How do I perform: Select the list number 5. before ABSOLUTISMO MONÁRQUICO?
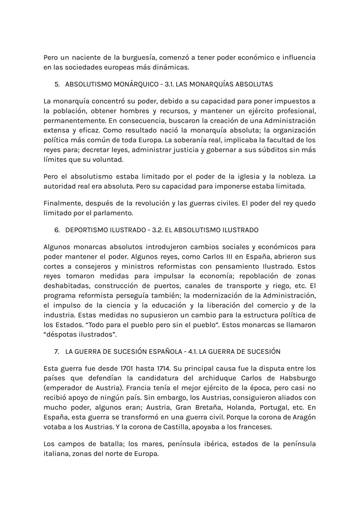pos(57,84)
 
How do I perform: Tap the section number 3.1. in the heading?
pos(169,84)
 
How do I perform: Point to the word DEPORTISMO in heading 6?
pos(86,230)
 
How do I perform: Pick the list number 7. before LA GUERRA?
pos(57,352)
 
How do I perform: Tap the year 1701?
pos(125,369)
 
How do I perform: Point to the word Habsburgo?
pos(298,378)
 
